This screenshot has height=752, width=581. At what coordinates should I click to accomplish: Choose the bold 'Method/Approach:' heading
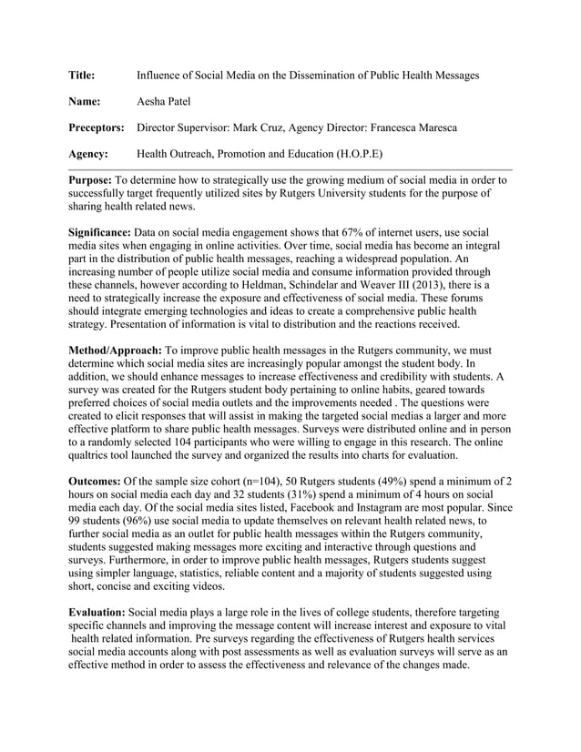(x=116, y=351)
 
